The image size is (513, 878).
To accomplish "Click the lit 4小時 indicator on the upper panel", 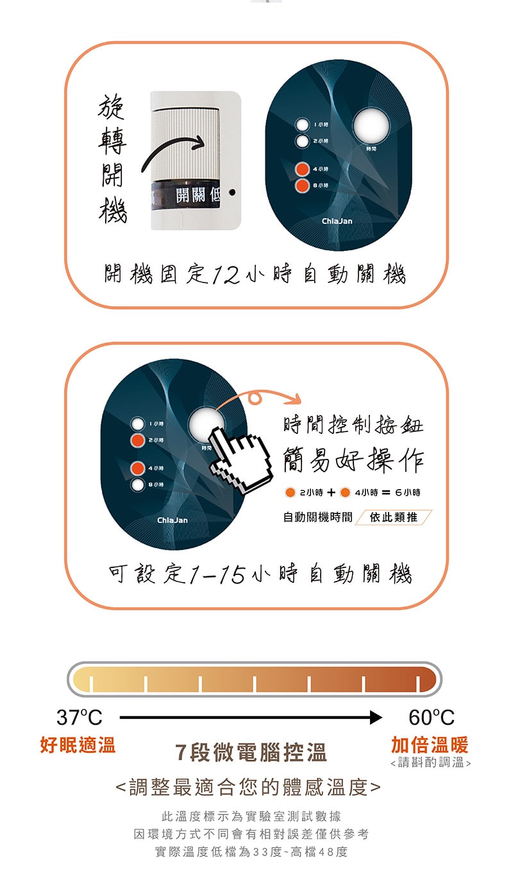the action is coord(302,169).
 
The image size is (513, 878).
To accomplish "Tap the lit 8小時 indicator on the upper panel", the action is coord(302,185).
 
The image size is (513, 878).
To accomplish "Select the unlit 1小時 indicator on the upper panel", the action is coord(302,125).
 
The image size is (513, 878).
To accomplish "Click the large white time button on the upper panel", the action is coord(371,125).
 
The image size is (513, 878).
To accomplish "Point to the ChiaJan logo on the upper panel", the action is coord(337,221).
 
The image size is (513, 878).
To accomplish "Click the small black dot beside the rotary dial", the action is coord(232,193).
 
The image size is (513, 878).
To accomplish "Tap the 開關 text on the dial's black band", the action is coord(190,194).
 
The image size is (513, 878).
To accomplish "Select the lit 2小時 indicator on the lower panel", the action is coord(137,440).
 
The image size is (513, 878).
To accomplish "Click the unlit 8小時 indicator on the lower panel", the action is coord(137,485).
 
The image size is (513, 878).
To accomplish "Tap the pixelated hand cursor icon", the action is coord(240,459).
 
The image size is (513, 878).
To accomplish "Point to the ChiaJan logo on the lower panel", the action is coord(172,520).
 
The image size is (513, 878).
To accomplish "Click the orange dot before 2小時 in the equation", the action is coord(290,492).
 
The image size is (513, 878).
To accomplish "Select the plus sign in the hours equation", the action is coord(332,493).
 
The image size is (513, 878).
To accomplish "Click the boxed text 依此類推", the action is coord(394,517).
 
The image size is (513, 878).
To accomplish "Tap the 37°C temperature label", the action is coord(80,718).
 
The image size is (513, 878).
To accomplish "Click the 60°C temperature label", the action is coord(432,718).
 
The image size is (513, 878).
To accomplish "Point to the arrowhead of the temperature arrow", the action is coord(376,718).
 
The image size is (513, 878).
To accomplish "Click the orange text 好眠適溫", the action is coord(78,745).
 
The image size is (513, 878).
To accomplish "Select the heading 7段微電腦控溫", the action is coord(251,753).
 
